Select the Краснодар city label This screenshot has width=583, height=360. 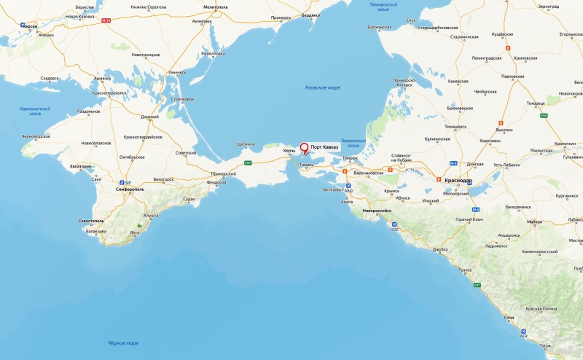[x=458, y=180]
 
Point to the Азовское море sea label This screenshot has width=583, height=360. [x=322, y=87]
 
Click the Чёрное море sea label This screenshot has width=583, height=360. [x=123, y=343]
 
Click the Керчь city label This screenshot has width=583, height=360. [x=289, y=151]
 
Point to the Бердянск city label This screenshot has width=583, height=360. [x=311, y=15]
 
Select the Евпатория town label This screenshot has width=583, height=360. [x=80, y=166]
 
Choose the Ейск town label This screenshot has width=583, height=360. [x=411, y=20]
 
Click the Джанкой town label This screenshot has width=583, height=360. [x=149, y=117]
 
